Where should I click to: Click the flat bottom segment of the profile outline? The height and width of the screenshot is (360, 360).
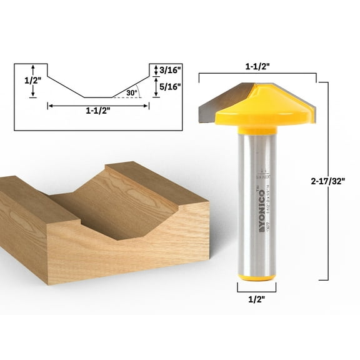coord(98,97)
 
